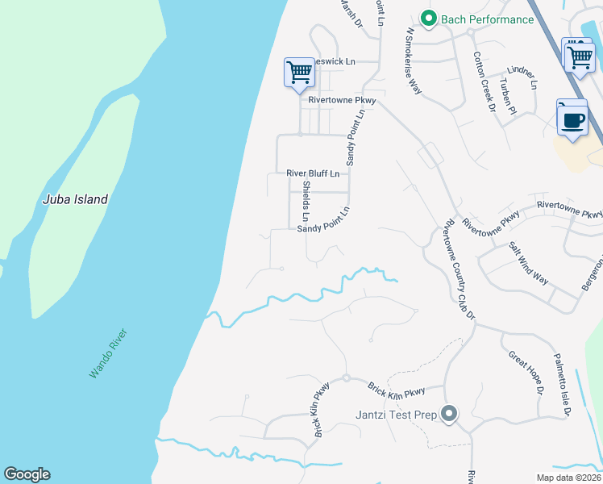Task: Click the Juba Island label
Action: (x=75, y=199)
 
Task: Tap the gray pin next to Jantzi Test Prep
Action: (x=449, y=415)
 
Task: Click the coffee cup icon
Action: (x=572, y=120)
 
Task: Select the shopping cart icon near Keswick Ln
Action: (x=299, y=72)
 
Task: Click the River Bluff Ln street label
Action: (x=317, y=173)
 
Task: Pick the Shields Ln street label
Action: (x=306, y=201)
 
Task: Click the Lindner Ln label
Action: (x=522, y=77)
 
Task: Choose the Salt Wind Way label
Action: (x=529, y=263)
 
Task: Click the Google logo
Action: (x=27, y=474)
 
